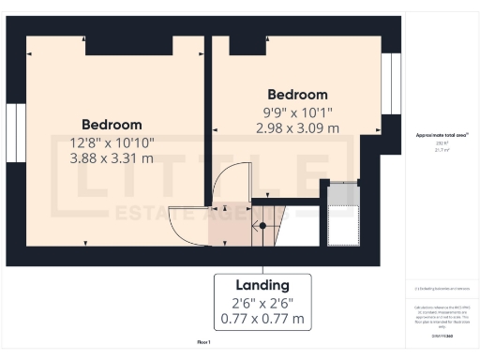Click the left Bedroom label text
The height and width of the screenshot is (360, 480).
pos(112,125)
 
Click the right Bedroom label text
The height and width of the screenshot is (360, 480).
pos(297,95)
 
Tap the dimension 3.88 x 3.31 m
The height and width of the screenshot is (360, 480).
pos(112,158)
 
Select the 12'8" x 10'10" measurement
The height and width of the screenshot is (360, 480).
pos(112,142)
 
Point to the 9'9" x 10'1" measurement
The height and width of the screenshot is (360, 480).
pos(297,112)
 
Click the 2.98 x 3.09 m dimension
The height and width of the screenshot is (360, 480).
pos(297,128)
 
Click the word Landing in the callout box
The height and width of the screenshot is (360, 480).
pos(262,285)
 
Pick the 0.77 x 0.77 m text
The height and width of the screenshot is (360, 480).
pos(262,319)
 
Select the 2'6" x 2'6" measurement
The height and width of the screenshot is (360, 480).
pos(262,303)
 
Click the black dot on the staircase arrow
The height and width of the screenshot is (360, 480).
pos(262,226)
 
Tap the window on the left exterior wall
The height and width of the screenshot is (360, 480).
pos(16,132)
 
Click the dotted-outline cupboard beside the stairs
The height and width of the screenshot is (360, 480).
pos(340,213)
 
